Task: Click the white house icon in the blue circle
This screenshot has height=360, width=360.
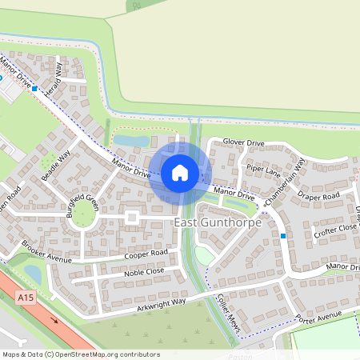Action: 179,172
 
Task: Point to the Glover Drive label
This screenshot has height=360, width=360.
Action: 243,142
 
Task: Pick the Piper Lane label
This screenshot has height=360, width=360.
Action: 263,170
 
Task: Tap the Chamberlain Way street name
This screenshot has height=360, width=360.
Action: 286,183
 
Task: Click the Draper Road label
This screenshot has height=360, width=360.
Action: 318,194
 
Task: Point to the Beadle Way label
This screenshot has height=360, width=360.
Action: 57,164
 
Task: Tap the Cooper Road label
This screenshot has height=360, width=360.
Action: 146,254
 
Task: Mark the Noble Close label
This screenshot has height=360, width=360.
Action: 144,272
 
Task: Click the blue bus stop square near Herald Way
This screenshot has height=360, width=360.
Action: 34,88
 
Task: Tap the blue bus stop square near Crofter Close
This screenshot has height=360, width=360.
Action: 283,236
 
